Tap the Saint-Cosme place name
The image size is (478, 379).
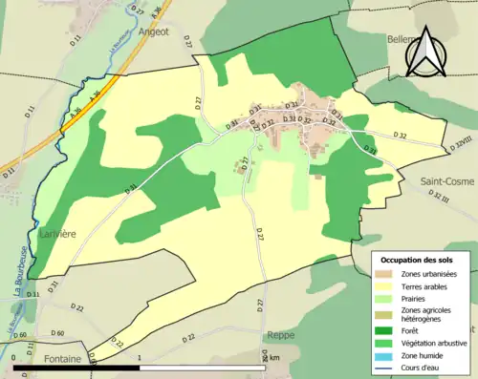(x=447, y=180)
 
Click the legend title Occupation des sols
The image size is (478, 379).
(x=420, y=260)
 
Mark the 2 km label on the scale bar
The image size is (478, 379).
(x=272, y=357)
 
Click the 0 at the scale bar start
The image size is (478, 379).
(x=14, y=357)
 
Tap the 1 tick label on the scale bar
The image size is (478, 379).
(x=140, y=357)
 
